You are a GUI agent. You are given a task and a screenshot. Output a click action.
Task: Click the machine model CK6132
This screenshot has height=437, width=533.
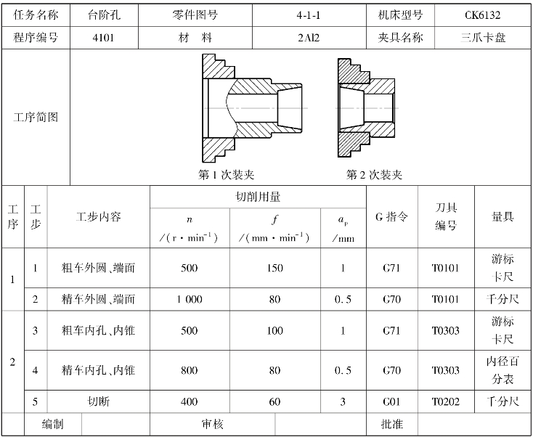click(482, 15)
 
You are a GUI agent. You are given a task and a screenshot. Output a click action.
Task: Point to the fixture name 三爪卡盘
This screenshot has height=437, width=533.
click(482, 37)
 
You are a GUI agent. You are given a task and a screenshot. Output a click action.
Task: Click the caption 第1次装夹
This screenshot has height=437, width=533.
click(226, 175)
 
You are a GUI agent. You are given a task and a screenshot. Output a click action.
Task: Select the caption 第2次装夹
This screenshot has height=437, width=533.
click(373, 175)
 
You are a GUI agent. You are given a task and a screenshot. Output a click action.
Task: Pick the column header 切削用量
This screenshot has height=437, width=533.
click(258, 197)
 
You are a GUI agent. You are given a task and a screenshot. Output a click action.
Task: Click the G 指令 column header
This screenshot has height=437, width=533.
click(391, 216)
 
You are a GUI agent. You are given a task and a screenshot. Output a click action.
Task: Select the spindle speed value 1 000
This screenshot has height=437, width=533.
click(189, 299)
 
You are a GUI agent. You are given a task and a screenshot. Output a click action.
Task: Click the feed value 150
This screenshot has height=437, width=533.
click(274, 268)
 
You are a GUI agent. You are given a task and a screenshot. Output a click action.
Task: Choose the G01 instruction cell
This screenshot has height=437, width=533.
click(391, 401)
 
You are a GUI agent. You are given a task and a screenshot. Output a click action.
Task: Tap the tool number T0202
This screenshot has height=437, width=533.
click(445, 401)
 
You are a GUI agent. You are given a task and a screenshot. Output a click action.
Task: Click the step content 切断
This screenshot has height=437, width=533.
click(98, 401)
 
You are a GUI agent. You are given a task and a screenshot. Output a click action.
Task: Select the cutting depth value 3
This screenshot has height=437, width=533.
click(343, 401)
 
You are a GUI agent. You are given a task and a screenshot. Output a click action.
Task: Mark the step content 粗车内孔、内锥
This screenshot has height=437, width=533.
click(98, 331)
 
